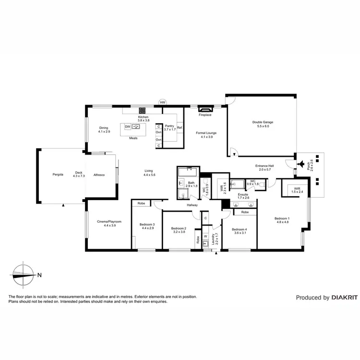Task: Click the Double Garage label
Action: pos(263,122)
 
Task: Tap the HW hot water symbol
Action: pos(163,102)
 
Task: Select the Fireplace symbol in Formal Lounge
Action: pos(205,109)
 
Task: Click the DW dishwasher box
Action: pos(128,127)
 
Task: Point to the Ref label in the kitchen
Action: pos(180,127)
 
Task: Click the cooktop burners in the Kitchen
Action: pos(143,110)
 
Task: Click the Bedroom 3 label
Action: pos(147,225)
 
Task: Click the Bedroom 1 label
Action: pos(282,218)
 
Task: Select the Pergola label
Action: pos(59,174)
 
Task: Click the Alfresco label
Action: pos(99,174)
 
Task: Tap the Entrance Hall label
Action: pos(265,166)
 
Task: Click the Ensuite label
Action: pos(244,194)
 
